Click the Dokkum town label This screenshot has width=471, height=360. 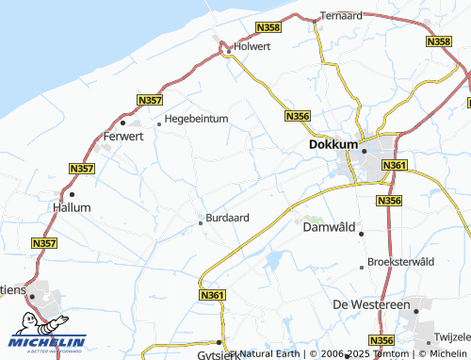pos(333,145)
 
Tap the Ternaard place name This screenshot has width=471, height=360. pos(341,15)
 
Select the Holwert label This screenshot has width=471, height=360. pos(252,45)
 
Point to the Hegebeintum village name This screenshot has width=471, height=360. pos(197,119)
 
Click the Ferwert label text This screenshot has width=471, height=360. pos(122,137)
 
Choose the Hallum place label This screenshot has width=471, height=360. pos(72,206)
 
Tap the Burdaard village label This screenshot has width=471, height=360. pos(227,218)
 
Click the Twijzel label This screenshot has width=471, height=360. pos(453,336)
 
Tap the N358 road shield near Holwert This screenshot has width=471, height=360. pos(268,30)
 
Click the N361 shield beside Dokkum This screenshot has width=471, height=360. pos(394,165)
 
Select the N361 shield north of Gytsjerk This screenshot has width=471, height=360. pos(213,295)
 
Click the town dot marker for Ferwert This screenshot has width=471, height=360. pos(122,122)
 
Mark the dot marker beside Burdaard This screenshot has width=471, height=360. pos(200,223)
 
